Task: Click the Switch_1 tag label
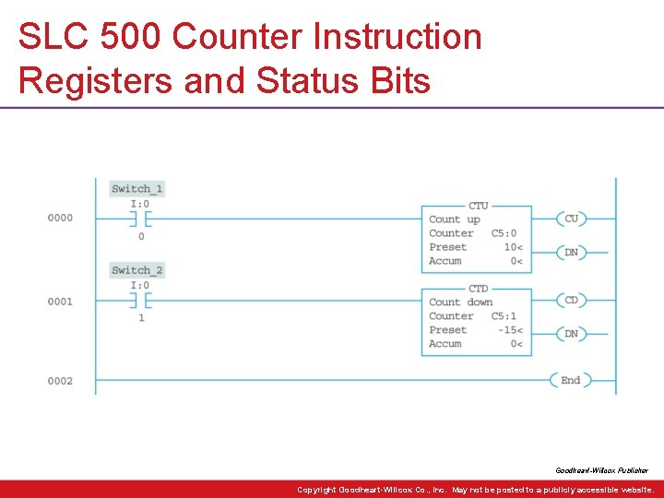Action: pos(136,189)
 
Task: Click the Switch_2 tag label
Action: pos(136,270)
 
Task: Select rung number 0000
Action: pos(60,219)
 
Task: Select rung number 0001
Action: pos(60,302)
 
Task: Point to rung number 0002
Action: pos(60,381)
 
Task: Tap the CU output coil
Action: pos(572,219)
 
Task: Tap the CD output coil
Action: pos(572,300)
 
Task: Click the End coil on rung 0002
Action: pos(572,380)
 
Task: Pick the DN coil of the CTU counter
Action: pos(572,252)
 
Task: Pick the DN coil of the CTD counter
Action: pos(572,333)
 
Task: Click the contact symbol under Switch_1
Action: pos(140,219)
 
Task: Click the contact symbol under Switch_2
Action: pos(140,301)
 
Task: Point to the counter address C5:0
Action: pos(504,233)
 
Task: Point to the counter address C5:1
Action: pos(504,316)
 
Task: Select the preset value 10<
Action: pos(513,247)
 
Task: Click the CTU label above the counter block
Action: pos(478,206)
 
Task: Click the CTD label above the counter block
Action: pos(478,289)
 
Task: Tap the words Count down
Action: pos(460,302)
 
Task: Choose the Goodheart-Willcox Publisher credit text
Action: pos(601,470)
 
